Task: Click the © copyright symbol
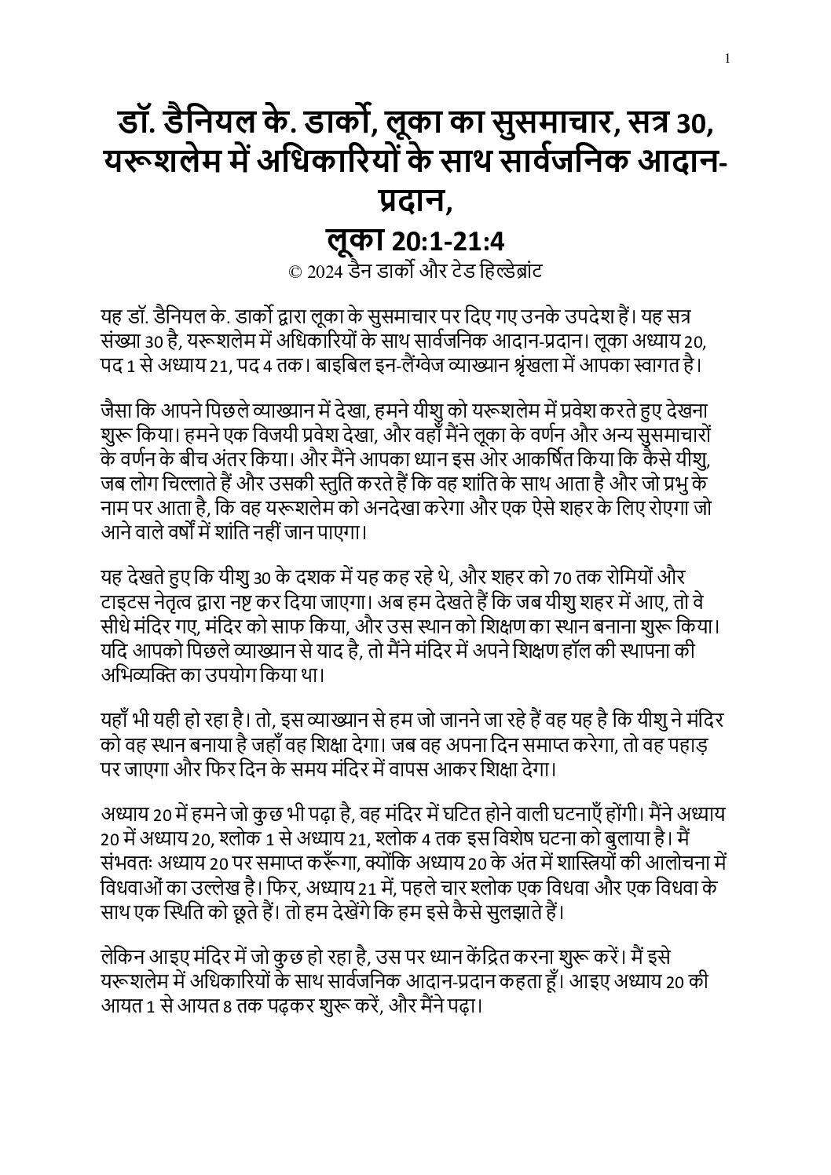pos(296,272)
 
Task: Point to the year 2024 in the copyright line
pos(324,272)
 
